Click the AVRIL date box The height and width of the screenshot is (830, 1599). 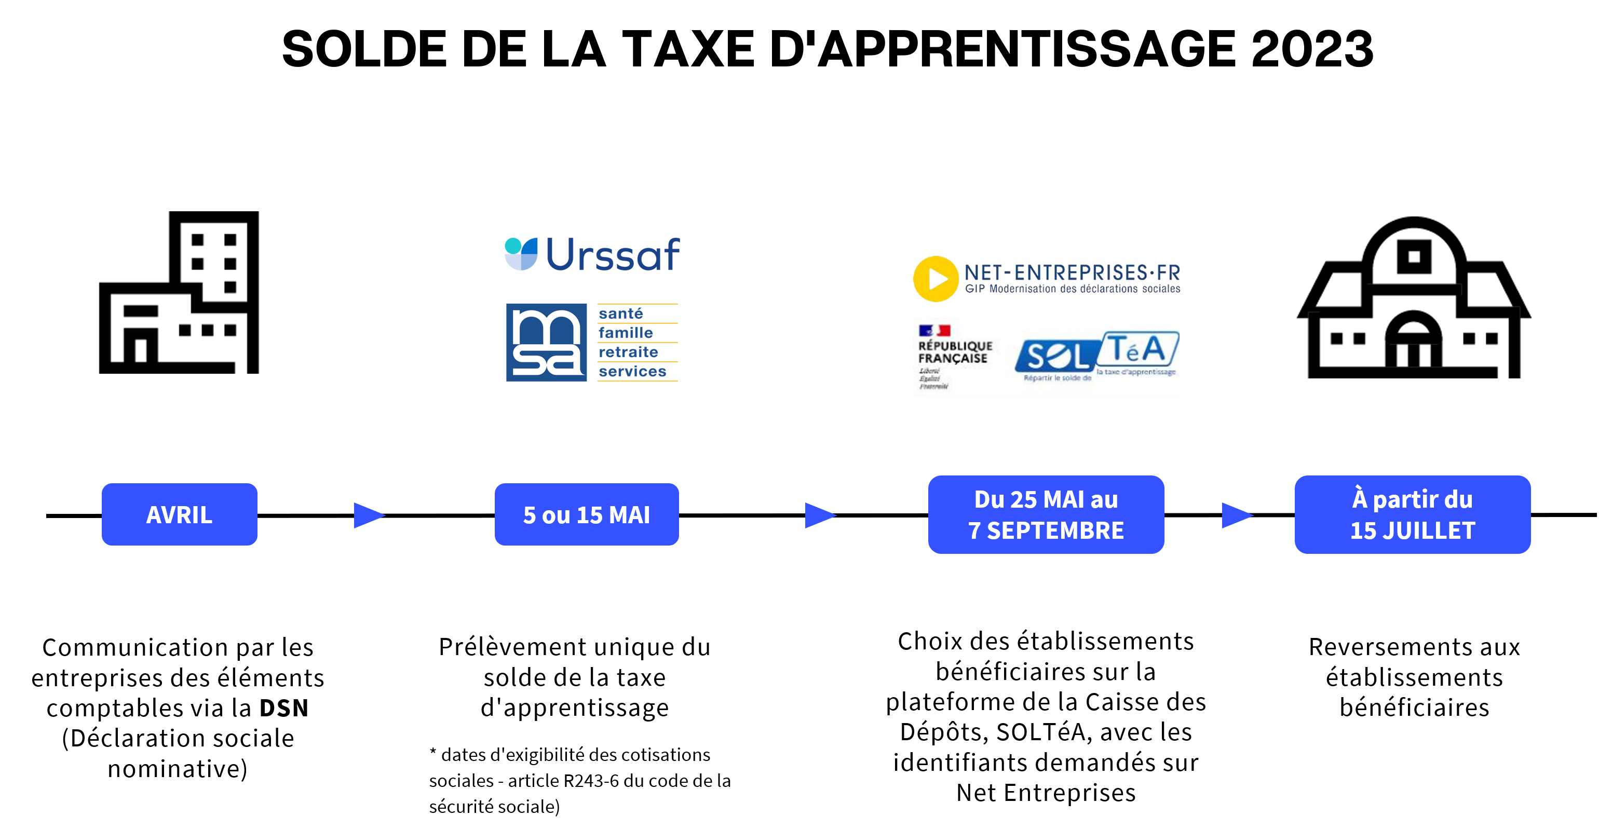point(180,514)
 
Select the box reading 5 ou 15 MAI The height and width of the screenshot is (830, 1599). point(587,514)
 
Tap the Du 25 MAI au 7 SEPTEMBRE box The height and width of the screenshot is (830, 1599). point(1046,514)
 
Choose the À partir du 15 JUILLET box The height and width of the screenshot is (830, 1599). point(1412,514)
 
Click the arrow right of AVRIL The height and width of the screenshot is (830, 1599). point(369,515)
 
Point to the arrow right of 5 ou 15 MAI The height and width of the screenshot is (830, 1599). point(820,515)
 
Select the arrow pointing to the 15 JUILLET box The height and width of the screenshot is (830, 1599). point(1237,515)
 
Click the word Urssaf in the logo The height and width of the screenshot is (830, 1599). point(613,254)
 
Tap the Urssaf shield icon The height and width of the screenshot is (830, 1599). point(521,254)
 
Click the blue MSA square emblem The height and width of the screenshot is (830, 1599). point(546,342)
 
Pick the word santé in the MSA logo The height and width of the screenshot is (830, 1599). point(621,314)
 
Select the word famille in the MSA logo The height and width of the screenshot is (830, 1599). point(626,333)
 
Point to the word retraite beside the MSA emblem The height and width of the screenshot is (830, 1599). point(628,352)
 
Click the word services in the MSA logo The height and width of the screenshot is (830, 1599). point(632,371)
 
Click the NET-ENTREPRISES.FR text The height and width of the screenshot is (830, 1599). point(1072,273)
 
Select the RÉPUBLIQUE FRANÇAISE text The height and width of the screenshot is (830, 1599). point(955,352)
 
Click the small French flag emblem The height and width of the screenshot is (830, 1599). point(934,330)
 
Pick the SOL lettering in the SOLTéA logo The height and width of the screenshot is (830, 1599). point(1056,357)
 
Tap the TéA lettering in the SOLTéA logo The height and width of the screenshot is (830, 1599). point(1137,349)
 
